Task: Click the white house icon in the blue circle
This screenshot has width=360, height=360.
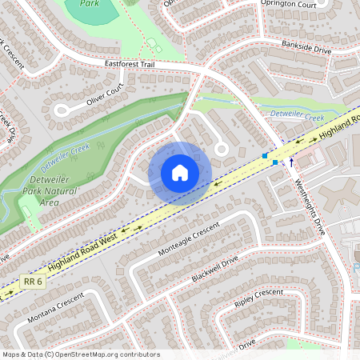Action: coord(180,173)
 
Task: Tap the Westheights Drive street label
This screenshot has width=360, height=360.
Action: coord(310,201)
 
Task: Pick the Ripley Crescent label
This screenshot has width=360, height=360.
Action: coord(258,300)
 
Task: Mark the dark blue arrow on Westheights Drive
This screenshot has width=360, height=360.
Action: coord(291,162)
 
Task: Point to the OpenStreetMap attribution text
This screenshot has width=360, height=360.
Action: coord(80,354)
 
